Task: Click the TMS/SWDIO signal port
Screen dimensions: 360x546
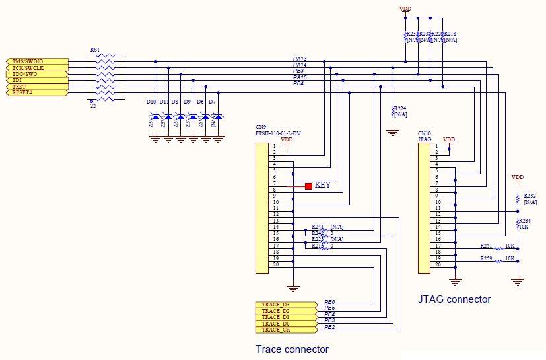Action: pyautogui.click(x=36, y=61)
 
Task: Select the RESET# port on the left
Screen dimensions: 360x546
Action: pyautogui.click(x=36, y=92)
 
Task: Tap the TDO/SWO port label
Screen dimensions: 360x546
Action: pyautogui.click(x=36, y=74)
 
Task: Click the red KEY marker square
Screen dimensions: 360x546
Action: pyautogui.click(x=308, y=186)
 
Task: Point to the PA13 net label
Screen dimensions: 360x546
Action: pyautogui.click(x=299, y=59)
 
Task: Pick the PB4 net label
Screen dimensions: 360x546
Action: pyautogui.click(x=298, y=83)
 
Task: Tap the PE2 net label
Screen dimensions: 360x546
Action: pyautogui.click(x=329, y=327)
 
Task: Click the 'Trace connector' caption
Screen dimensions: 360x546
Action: pyautogui.click(x=292, y=349)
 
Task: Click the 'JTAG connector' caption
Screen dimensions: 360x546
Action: pyautogui.click(x=454, y=299)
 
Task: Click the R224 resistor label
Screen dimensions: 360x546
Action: pyautogui.click(x=400, y=108)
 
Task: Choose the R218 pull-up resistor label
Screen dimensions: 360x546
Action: pyautogui.click(x=450, y=34)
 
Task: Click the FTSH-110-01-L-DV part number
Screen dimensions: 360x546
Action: pyautogui.click(x=279, y=133)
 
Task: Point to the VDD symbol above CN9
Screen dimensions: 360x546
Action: pyautogui.click(x=287, y=139)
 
